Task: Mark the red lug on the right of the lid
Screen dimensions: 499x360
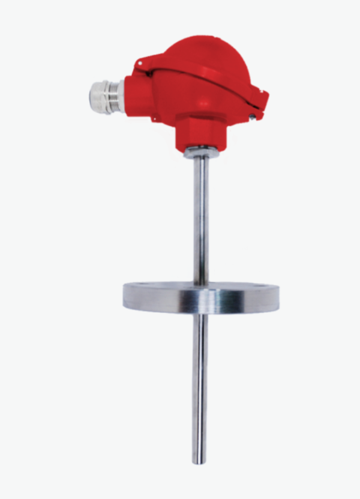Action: (259, 100)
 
